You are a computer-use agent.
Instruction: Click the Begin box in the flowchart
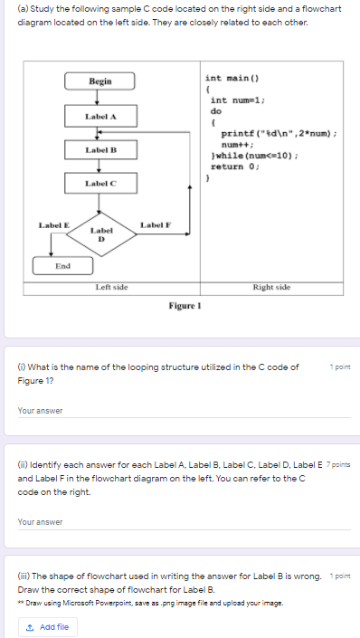pyautogui.click(x=99, y=81)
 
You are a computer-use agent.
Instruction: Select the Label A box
pyautogui.click(x=99, y=116)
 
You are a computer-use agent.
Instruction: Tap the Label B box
pyautogui.click(x=99, y=149)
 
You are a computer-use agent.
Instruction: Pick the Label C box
pyautogui.click(x=99, y=184)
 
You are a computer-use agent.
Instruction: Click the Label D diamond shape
pyautogui.click(x=101, y=234)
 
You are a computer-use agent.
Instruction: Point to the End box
pyautogui.click(x=62, y=266)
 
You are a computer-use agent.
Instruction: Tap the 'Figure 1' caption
pyautogui.click(x=184, y=306)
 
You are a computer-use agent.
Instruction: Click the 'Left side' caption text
pyautogui.click(x=111, y=287)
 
